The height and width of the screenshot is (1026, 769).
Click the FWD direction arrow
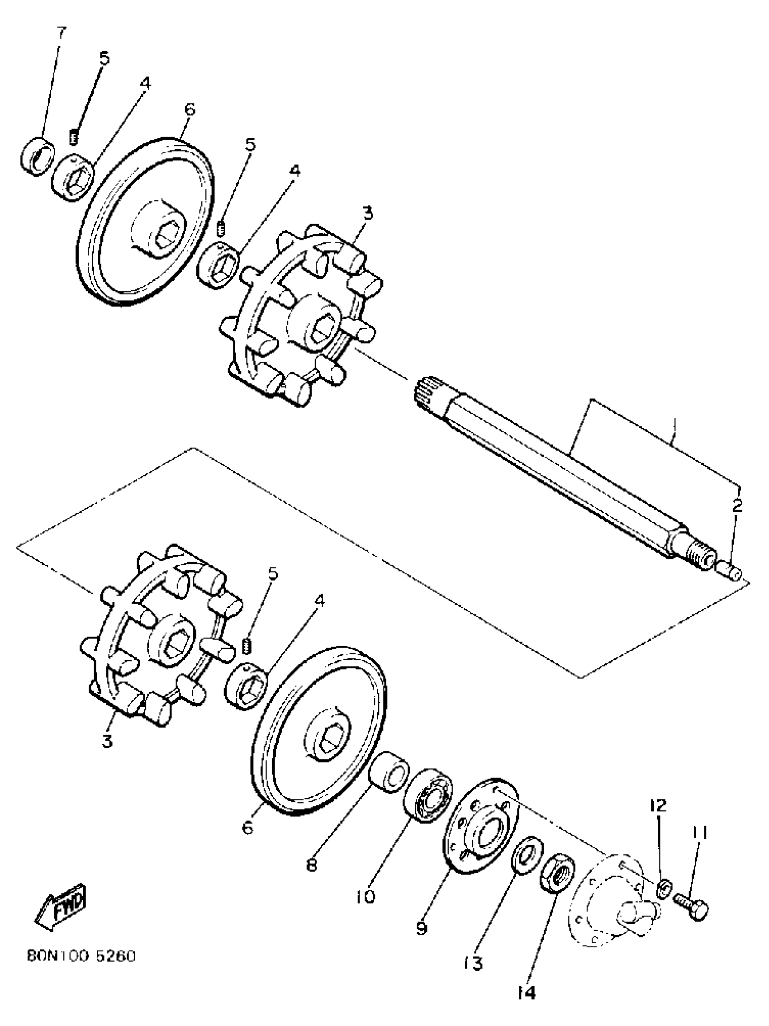[x=60, y=903]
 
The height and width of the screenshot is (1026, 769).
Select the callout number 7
[x=61, y=33]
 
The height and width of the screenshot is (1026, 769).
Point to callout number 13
[x=473, y=963]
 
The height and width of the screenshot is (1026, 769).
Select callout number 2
[x=737, y=505]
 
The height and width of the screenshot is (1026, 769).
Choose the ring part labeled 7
[x=38, y=156]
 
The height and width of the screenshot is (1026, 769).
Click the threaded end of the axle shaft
[x=700, y=555]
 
